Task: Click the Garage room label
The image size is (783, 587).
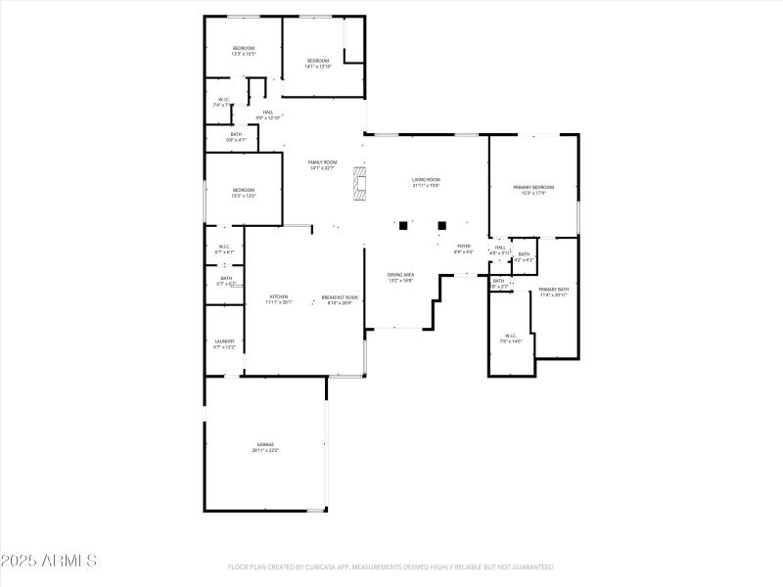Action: [266, 447]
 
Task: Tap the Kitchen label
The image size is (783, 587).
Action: [279, 299]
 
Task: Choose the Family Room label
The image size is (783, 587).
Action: [322, 165]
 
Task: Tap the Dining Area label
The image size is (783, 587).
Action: [401, 277]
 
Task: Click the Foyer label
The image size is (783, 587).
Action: [464, 248]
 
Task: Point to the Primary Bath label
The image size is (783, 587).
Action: [553, 292]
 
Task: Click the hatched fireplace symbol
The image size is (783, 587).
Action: [361, 182]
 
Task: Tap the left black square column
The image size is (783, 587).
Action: [403, 225]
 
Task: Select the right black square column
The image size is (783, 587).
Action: [442, 225]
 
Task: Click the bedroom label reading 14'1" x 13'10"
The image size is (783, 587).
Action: [318, 64]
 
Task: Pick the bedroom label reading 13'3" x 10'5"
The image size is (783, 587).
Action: [243, 51]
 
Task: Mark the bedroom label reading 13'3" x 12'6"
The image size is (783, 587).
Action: [243, 193]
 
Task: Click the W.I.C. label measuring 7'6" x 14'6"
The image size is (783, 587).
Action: [511, 339]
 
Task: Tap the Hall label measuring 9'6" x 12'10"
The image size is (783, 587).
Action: [268, 115]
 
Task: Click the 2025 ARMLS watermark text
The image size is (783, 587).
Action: [49, 561]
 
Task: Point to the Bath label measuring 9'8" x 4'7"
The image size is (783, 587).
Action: [236, 137]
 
